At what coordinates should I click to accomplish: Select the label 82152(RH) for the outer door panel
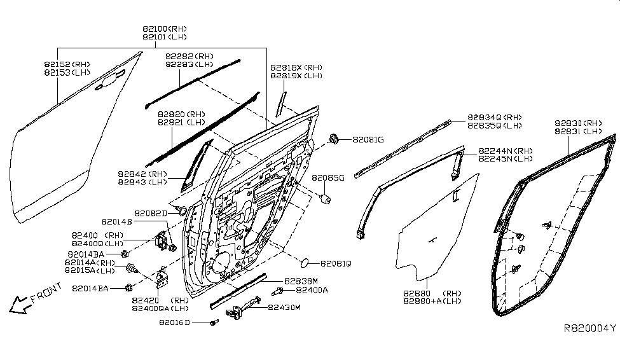67,64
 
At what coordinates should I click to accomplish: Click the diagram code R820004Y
590,328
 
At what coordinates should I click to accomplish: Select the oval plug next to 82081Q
305,261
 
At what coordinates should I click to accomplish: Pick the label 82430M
284,307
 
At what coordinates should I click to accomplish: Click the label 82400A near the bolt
312,290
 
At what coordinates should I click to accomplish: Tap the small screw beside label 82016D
213,323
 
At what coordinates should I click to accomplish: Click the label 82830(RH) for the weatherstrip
577,123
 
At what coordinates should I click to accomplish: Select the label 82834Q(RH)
495,118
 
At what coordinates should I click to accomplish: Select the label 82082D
150,213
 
